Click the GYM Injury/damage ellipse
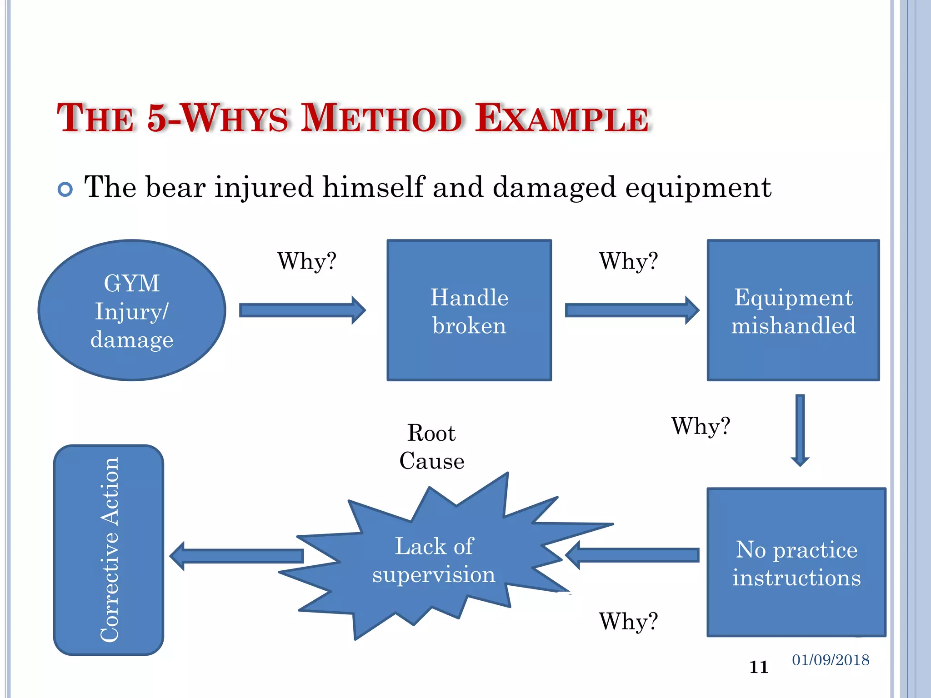(x=132, y=310)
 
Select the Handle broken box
(x=469, y=310)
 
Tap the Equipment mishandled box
(x=793, y=310)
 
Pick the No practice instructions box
(x=796, y=562)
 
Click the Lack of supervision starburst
(x=434, y=560)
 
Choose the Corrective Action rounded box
(x=109, y=550)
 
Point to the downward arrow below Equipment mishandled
(x=800, y=430)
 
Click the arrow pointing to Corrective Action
(x=236, y=556)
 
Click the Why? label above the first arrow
(x=307, y=261)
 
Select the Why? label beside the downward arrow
(x=701, y=426)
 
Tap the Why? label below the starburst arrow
(x=628, y=621)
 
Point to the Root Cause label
(x=432, y=447)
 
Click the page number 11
(x=759, y=667)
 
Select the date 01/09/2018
(x=831, y=660)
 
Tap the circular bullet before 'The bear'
(x=65, y=189)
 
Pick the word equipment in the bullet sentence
(x=698, y=187)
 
